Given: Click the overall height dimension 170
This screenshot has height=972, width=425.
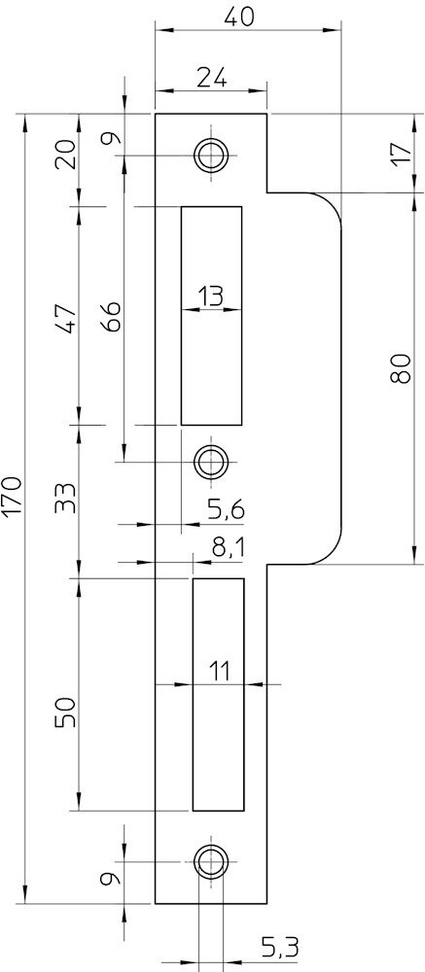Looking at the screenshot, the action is coord(12,497).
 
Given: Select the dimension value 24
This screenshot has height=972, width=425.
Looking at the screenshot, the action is coord(211,79).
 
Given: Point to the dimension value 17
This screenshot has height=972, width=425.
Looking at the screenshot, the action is coord(402,153).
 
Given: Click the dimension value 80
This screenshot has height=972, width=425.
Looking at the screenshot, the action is coord(402,369).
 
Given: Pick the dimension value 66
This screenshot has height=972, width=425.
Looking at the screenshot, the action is coord(111,317).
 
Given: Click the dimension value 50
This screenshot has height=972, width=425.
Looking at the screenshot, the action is coord(66,712).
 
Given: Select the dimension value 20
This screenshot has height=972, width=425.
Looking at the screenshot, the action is coord(66,155).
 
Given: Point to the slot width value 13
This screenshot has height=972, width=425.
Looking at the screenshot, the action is coord(211,296).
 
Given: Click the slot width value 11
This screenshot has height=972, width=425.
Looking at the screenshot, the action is coord(219,672).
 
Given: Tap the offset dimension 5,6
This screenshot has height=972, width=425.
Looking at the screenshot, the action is coord(226,510).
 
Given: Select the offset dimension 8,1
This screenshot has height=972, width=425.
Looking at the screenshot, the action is coord(229,548).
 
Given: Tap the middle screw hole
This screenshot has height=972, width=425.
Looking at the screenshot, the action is coord(211,462).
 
